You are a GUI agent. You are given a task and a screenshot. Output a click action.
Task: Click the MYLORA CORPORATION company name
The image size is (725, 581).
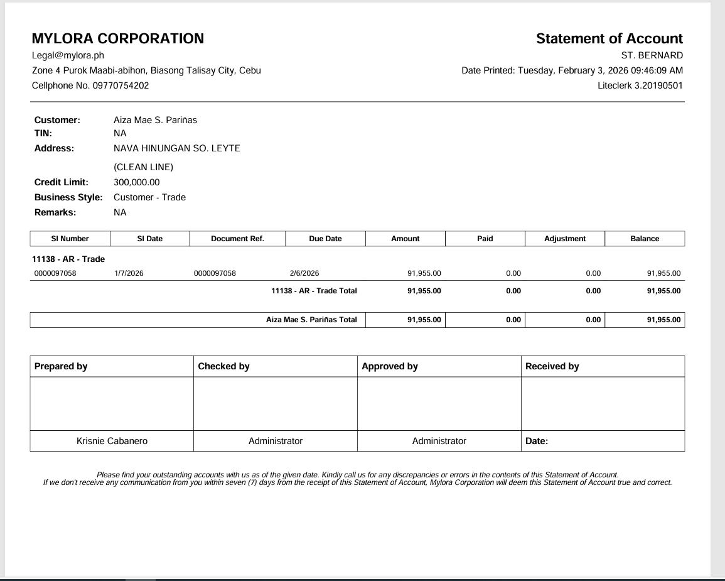118,39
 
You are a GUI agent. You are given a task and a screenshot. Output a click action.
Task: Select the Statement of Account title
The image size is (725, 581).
609,39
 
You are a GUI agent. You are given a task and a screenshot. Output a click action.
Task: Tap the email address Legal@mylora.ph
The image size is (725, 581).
68,55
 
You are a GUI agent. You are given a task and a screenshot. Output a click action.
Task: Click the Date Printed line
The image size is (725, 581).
572,70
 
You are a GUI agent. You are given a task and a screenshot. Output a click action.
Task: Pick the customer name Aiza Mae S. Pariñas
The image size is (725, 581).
155,120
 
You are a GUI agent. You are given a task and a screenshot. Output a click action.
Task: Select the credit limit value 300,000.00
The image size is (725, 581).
137,182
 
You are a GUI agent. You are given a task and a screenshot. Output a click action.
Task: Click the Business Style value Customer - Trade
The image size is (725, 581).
149,197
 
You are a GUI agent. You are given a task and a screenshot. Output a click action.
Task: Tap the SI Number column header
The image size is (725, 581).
70,239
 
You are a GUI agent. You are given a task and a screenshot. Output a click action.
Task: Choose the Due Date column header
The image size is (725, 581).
325,239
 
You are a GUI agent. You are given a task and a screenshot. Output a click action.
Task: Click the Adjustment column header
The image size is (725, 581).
565,239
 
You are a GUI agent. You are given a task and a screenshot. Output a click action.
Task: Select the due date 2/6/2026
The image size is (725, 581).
304,273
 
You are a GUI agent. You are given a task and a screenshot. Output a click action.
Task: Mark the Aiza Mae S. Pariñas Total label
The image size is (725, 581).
311,320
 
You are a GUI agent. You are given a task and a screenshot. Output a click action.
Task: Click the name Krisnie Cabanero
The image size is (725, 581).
112,441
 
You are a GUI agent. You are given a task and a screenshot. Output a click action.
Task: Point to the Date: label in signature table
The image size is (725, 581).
537,441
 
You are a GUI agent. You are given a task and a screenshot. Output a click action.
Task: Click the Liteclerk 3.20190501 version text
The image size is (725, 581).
640,85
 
